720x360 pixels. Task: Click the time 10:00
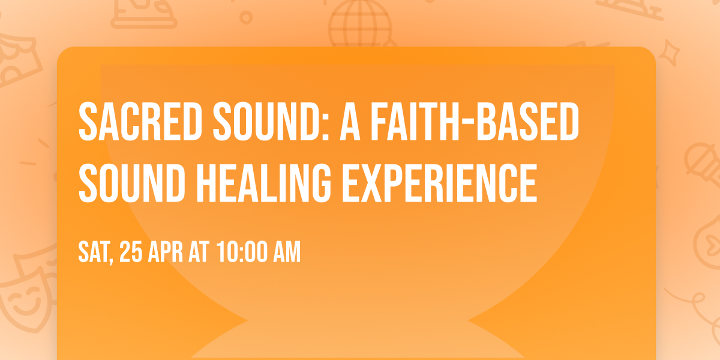tap(242, 253)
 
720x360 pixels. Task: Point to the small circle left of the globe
tap(247, 17)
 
